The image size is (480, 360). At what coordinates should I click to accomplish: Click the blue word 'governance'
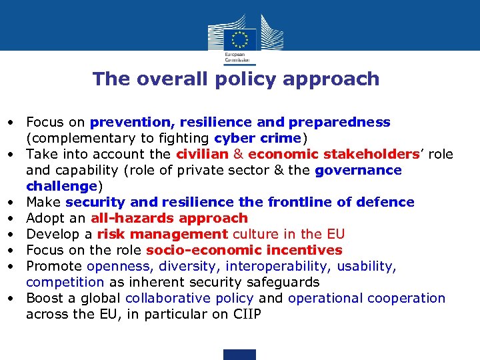click(358, 171)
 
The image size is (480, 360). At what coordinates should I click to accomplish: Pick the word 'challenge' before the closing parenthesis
click(62, 186)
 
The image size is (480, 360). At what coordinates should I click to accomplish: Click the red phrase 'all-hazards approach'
click(169, 218)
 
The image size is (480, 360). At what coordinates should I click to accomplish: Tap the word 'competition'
click(65, 282)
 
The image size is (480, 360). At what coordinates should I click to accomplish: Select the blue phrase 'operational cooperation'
click(366, 298)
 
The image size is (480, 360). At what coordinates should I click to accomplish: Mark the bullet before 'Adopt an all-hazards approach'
click(13, 218)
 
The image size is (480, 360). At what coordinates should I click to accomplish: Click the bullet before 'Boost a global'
click(13, 298)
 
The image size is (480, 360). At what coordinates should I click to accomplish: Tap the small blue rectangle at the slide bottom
click(239, 354)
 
